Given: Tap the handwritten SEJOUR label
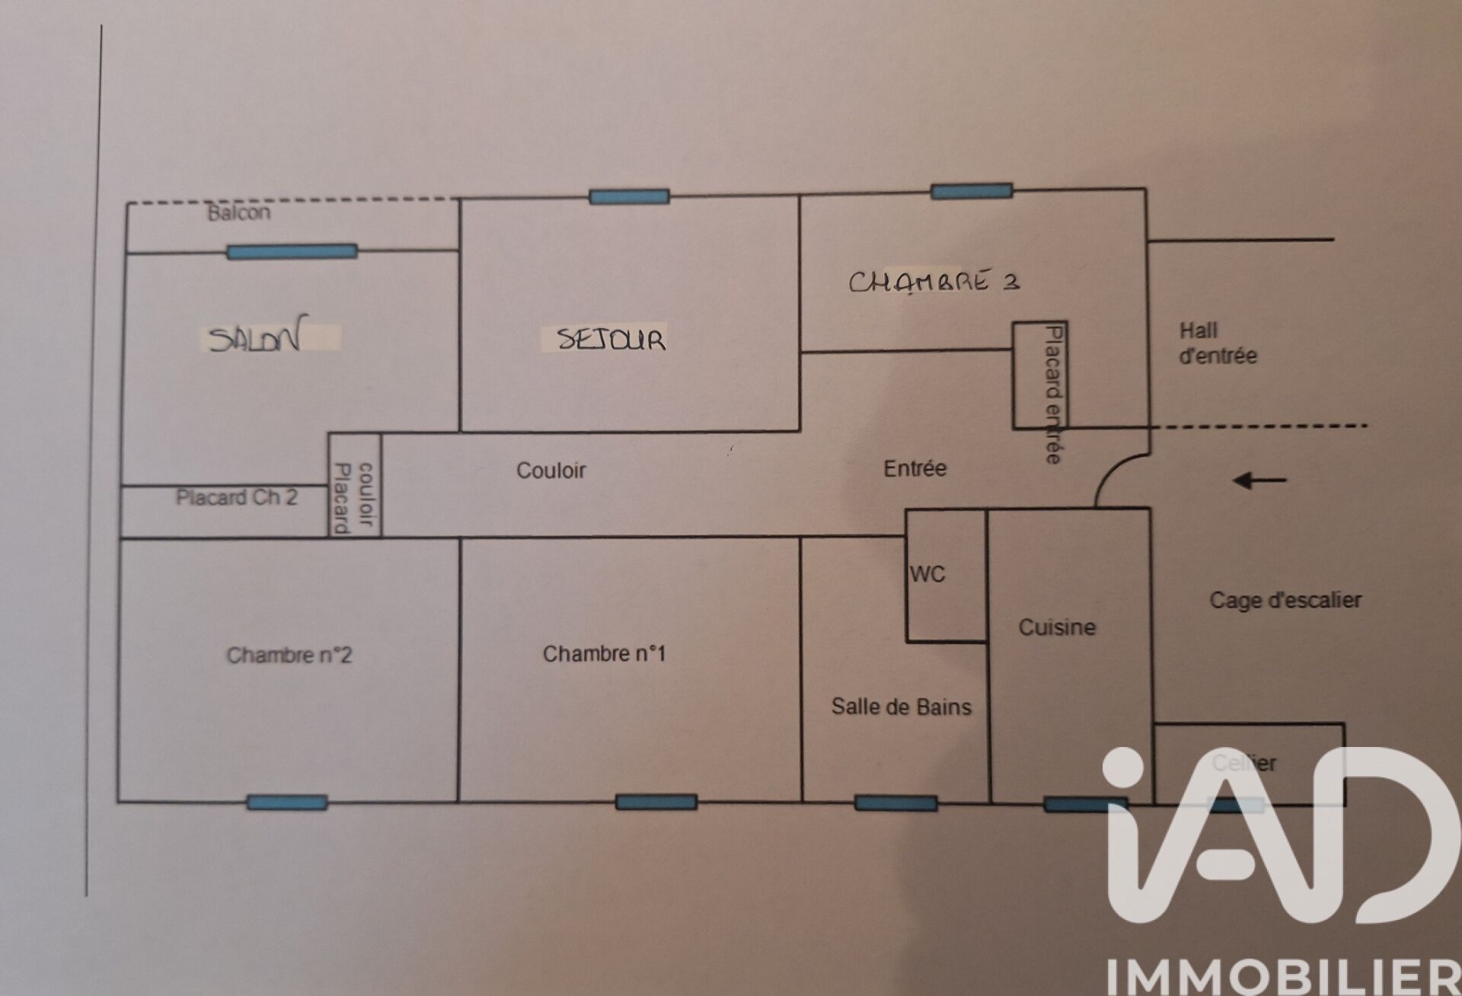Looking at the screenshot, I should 611,339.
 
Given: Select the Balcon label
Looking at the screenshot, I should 239,212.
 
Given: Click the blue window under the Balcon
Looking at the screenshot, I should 292,251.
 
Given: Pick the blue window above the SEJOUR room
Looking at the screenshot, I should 629,196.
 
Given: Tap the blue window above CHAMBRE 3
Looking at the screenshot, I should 972,190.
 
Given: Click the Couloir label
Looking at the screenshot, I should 551,471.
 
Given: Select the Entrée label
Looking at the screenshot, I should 915,468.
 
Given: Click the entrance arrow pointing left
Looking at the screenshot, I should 1259,480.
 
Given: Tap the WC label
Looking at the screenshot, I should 927,574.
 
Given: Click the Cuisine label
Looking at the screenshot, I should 1057,627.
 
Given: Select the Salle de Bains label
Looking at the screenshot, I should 901,707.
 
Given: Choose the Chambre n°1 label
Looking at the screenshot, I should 604,654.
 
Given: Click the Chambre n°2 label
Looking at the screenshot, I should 289,655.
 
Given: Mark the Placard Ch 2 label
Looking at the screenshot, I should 236,497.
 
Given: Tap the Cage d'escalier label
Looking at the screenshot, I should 1285,600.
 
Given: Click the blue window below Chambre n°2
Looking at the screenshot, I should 287,802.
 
